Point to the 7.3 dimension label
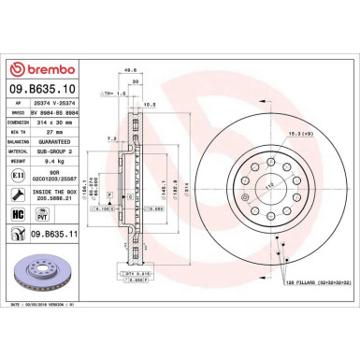point(110,137)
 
